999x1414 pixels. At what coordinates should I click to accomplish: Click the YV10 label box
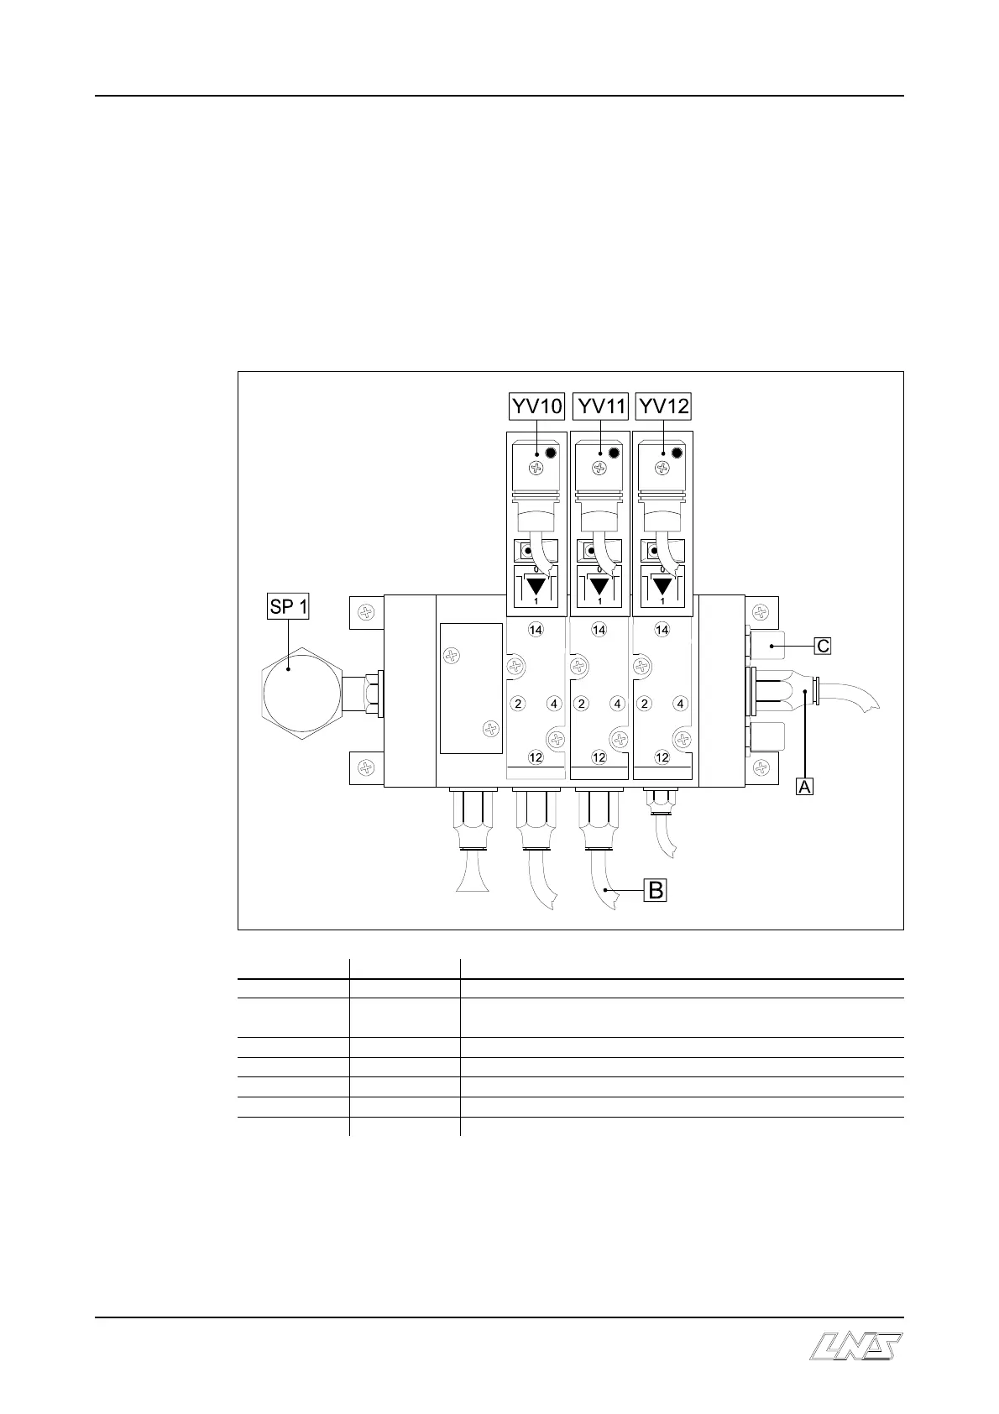point(537,406)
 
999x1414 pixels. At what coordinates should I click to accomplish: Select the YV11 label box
point(601,406)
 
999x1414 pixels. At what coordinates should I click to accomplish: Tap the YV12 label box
point(664,406)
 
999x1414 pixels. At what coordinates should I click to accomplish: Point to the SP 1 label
point(288,606)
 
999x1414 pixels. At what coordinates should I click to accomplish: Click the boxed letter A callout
point(804,786)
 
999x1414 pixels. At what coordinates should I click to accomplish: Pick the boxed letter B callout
point(655,890)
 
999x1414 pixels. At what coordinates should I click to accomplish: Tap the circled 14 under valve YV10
point(536,630)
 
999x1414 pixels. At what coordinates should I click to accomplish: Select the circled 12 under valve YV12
point(662,757)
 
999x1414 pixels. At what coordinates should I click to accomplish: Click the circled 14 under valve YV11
point(599,630)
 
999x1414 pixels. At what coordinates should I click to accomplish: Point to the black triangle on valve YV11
point(599,585)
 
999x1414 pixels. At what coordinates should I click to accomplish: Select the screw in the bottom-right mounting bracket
point(761,767)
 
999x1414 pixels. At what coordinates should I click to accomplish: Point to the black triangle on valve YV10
point(536,585)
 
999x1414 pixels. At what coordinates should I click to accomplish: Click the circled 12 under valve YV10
point(536,757)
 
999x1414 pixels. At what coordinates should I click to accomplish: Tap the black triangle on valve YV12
point(662,585)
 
